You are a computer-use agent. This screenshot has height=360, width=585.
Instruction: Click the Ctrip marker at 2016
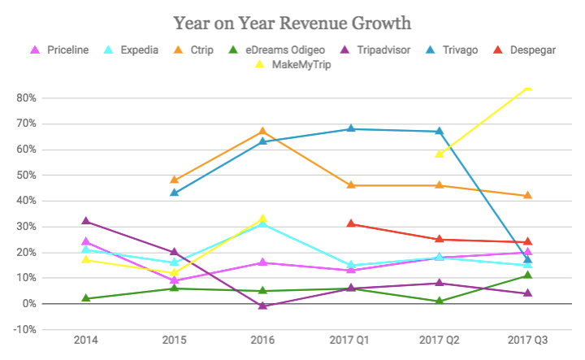point(262,131)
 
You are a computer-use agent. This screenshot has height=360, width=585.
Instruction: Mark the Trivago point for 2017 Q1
point(351,128)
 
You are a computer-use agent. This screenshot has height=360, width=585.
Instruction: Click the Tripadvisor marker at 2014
point(86,221)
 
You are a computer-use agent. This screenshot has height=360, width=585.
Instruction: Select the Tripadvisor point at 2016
point(262,306)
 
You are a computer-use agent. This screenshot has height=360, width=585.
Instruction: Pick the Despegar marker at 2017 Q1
point(351,223)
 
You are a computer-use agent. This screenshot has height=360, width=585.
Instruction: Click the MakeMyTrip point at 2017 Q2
point(440,154)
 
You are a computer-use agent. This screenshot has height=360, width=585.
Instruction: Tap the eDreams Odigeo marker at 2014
point(86,298)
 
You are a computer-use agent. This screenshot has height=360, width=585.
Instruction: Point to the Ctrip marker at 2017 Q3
point(527,195)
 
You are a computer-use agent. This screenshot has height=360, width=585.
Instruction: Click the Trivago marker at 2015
point(175,193)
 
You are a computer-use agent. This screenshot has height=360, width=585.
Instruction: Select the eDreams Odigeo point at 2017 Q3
point(527,275)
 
